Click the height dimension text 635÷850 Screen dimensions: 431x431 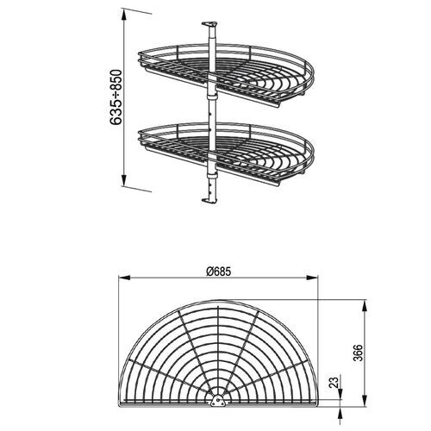[x=114, y=97]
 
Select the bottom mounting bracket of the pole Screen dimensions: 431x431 [x=209, y=199]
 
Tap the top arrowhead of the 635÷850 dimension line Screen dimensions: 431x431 [x=123, y=12]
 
